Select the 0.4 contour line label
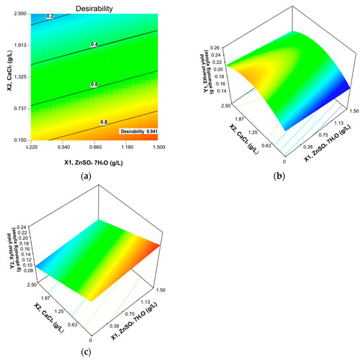(94, 44)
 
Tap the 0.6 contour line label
(94, 84)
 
